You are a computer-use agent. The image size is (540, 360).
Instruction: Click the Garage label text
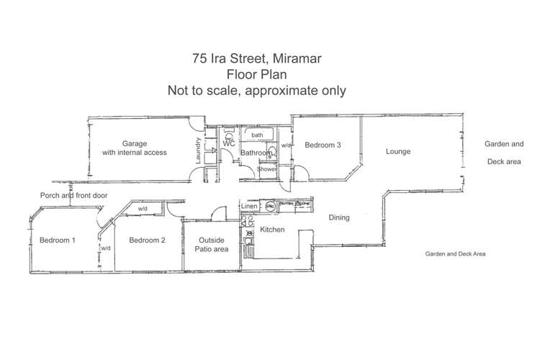[x=134, y=143]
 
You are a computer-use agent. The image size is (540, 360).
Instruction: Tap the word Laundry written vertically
[x=198, y=150]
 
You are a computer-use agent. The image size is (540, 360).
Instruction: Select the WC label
[x=229, y=144]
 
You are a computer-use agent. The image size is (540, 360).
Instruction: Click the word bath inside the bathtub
[x=257, y=135]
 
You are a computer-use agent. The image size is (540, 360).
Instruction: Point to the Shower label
[x=267, y=169]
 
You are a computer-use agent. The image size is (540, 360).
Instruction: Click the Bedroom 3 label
[x=323, y=145]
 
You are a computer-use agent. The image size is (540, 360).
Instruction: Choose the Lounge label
[x=397, y=152]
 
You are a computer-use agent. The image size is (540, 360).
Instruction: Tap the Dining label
[x=339, y=217]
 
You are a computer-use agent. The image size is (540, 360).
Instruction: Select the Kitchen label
[x=272, y=230]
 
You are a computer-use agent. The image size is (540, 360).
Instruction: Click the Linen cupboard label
[x=248, y=207]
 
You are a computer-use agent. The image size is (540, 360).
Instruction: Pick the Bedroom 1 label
[x=58, y=240]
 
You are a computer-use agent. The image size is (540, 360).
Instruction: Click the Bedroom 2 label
[x=147, y=240]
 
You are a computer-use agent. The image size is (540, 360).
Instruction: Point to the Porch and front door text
[x=73, y=195]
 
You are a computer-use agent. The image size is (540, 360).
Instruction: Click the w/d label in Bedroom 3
[x=286, y=146]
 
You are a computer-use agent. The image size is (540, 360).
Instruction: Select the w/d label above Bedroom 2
[x=143, y=210]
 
